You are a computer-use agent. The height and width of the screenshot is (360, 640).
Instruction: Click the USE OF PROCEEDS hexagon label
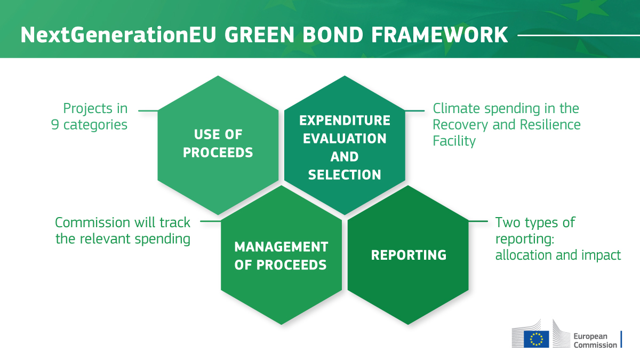point(218,143)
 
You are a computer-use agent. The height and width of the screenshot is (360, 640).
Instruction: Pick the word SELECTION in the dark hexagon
point(345,174)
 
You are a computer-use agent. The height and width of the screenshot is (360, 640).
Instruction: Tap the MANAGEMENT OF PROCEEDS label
point(281,255)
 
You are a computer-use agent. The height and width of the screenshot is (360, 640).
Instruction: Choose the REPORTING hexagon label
point(409,255)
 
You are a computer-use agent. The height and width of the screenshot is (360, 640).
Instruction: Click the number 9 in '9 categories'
point(55,125)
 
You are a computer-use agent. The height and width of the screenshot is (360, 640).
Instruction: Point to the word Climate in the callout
point(454,109)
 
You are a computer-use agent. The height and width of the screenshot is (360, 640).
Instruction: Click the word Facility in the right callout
point(454,141)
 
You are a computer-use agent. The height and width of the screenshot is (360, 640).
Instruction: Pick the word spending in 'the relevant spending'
point(164,238)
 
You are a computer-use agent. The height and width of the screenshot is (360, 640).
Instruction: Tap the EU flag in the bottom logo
point(536,338)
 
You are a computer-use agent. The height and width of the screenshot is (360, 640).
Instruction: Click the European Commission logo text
point(595,340)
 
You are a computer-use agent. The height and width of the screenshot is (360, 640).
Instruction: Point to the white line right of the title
point(578,36)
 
